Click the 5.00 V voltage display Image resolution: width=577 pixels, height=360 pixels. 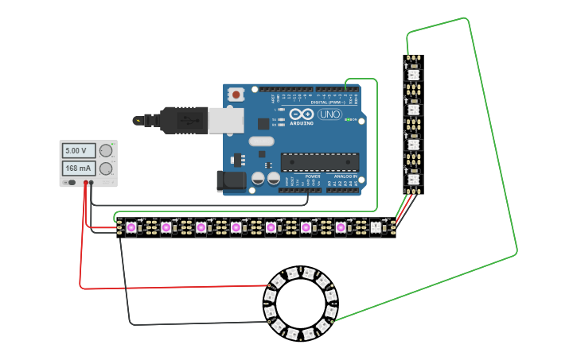coord(78,150)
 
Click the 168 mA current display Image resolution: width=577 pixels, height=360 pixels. coord(78,168)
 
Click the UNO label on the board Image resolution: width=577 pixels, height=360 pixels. coord(329,114)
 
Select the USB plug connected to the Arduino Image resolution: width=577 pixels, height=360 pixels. coord(187,120)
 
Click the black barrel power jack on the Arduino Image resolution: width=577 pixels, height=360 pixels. coord(229,180)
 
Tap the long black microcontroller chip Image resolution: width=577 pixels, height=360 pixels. coord(319,161)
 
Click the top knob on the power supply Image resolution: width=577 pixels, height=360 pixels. coord(106,150)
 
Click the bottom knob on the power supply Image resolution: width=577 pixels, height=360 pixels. coord(106,168)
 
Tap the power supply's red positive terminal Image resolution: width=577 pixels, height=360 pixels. coord(84,183)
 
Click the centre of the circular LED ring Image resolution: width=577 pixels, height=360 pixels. coord(300,304)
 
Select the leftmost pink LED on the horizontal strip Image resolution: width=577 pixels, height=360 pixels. coord(131,228)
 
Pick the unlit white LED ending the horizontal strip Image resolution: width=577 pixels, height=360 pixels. coord(376,228)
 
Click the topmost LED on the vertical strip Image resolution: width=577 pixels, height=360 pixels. coord(412,75)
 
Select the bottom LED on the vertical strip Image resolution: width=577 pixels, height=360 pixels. coord(412,180)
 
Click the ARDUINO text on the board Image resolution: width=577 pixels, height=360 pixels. coord(302,123)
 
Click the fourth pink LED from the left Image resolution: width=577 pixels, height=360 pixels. coord(236,228)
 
